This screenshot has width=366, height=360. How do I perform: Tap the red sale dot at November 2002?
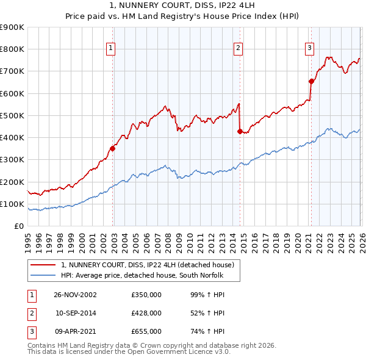[113, 148]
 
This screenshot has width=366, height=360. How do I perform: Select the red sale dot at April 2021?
[311, 81]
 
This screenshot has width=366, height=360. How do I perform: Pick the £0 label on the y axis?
[18, 226]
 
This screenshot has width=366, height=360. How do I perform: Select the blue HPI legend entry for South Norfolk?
[143, 275]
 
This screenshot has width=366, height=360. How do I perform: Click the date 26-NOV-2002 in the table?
[75, 295]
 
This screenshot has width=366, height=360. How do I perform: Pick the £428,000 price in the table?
[146, 313]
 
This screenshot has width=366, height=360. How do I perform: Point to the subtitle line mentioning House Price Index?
[183, 16]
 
